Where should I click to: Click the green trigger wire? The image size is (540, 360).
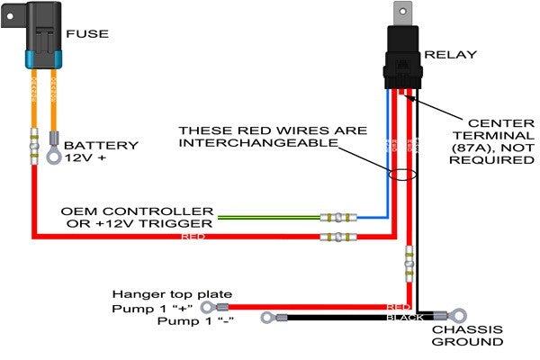(270, 217)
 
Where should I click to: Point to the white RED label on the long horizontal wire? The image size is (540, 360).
(193, 237)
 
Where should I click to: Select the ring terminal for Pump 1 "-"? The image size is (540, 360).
(267, 317)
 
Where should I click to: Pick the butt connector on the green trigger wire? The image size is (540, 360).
(337, 217)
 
